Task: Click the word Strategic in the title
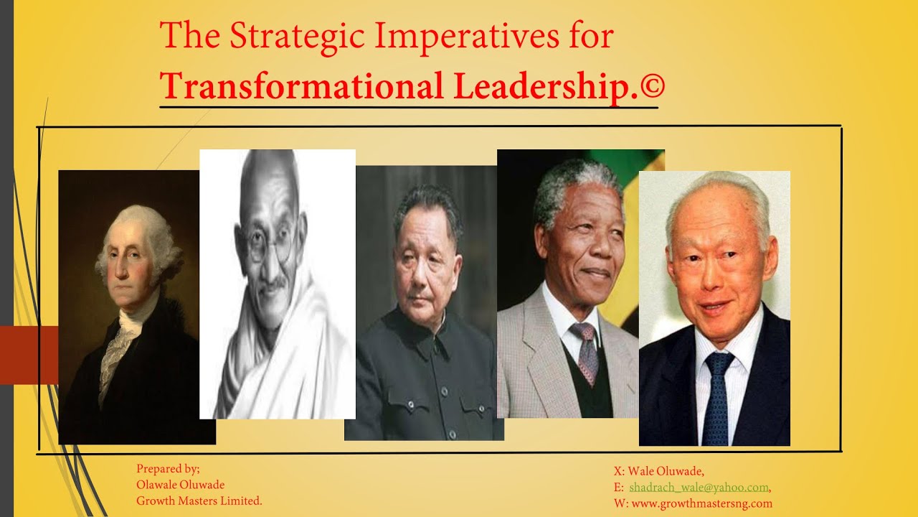tap(297, 37)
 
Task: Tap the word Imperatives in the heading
tap(467, 37)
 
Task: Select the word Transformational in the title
tap(302, 86)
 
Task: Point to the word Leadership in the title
tap(546, 87)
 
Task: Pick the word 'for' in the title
tap(591, 35)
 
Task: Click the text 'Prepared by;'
tap(168, 469)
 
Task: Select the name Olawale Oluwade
tap(180, 485)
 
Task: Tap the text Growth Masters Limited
tap(199, 500)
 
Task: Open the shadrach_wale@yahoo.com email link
tap(699, 488)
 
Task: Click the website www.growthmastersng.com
tap(701, 503)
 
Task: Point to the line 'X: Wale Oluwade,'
tap(659, 471)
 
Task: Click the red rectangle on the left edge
tap(29, 355)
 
